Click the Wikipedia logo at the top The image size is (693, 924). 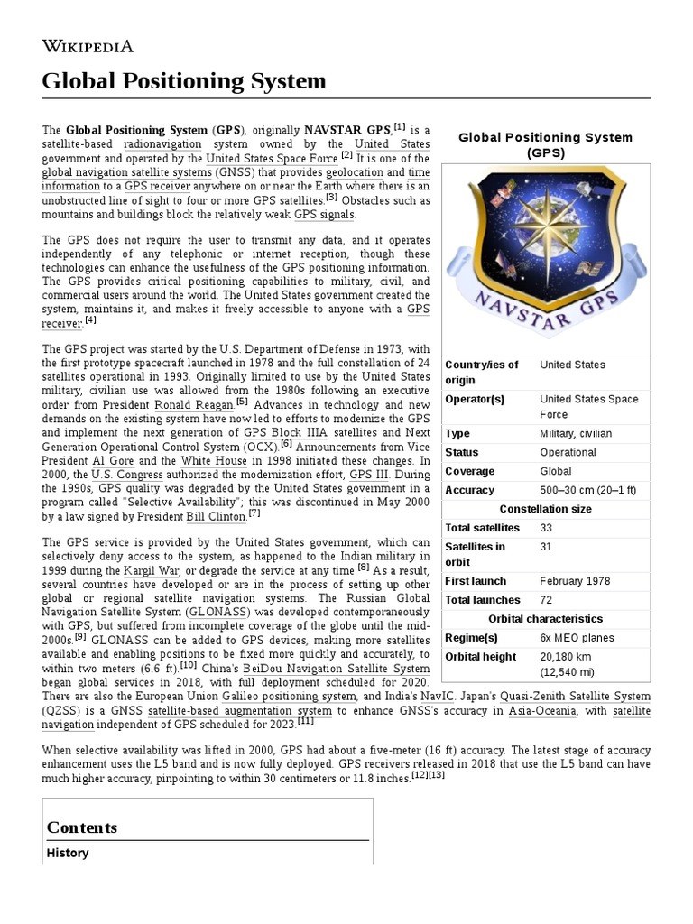tap(88, 46)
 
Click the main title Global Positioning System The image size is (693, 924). tap(184, 81)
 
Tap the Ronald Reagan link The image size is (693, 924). tap(194, 405)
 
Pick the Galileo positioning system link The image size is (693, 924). tap(282, 696)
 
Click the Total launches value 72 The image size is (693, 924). tap(547, 600)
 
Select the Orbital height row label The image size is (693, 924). tap(481, 657)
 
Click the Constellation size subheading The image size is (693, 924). tap(545, 509)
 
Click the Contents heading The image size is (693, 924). tap(82, 827)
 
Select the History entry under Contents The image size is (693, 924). tap(68, 853)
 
